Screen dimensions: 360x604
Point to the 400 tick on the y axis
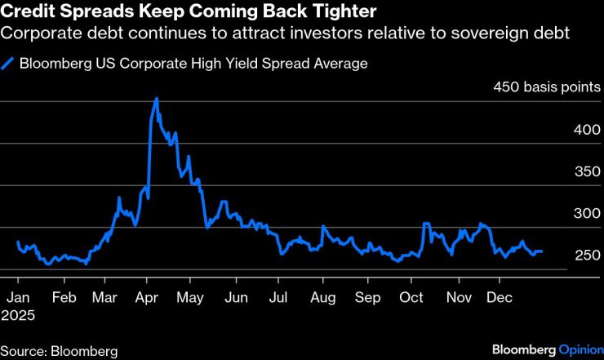[587, 130]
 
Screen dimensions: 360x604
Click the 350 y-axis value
[587, 171]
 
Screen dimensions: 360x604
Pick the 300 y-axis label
[587, 214]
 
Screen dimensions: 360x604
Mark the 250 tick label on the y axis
[587, 256]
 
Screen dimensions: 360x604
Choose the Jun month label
[236, 298]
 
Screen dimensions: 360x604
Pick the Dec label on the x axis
[500, 298]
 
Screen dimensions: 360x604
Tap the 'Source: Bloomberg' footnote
[60, 351]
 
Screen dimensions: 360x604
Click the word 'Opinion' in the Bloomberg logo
[580, 350]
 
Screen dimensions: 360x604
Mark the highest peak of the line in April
[156, 99]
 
